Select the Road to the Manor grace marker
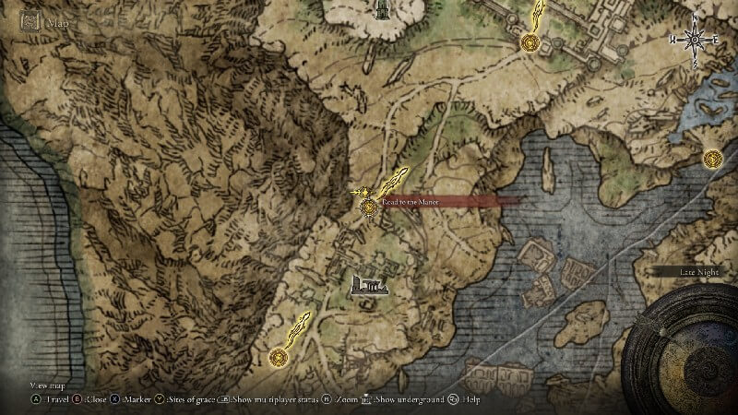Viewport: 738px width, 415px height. click(369, 207)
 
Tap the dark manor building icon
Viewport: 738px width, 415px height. click(369, 287)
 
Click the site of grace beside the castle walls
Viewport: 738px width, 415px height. click(530, 41)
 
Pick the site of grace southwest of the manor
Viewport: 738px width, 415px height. click(278, 357)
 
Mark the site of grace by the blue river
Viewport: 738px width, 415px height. click(711, 160)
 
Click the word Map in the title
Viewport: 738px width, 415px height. click(59, 20)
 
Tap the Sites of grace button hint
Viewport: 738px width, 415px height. click(184, 399)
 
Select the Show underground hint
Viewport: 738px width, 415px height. click(401, 399)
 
